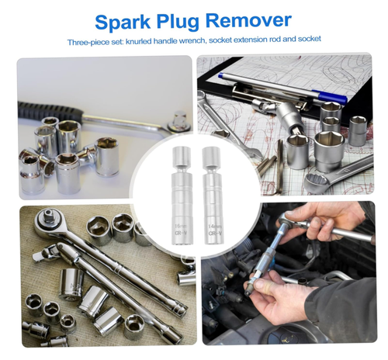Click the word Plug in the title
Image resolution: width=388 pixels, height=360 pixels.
[186, 20]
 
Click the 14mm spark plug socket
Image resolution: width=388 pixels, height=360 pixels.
[210, 198]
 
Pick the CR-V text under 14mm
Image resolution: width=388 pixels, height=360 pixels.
[211, 230]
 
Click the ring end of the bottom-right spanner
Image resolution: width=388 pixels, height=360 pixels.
[317, 183]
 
